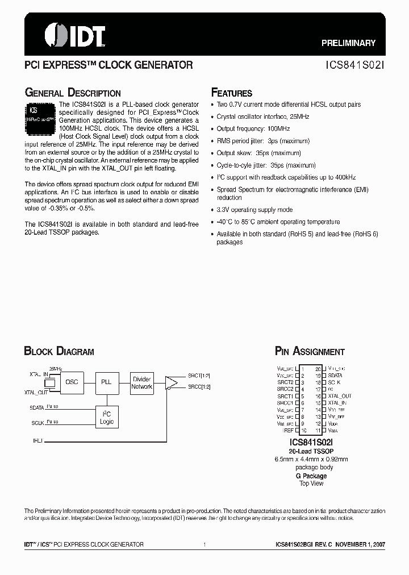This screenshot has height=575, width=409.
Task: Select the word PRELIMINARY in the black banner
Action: tap(348, 43)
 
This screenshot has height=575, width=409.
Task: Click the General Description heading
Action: tap(72, 93)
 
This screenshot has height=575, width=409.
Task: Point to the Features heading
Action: tap(231, 93)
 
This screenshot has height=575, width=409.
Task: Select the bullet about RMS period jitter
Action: tap(263, 141)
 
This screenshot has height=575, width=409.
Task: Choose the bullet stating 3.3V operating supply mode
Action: tap(254, 210)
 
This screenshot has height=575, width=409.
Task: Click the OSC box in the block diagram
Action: tap(72, 382)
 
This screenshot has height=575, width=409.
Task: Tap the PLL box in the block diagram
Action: tap(106, 382)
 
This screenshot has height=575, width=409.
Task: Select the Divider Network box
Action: tap(141, 383)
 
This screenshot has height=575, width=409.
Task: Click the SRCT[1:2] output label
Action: tap(199, 376)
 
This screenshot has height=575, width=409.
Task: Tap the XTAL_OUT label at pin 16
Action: tap(340, 396)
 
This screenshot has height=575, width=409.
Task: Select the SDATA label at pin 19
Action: tap(335, 376)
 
